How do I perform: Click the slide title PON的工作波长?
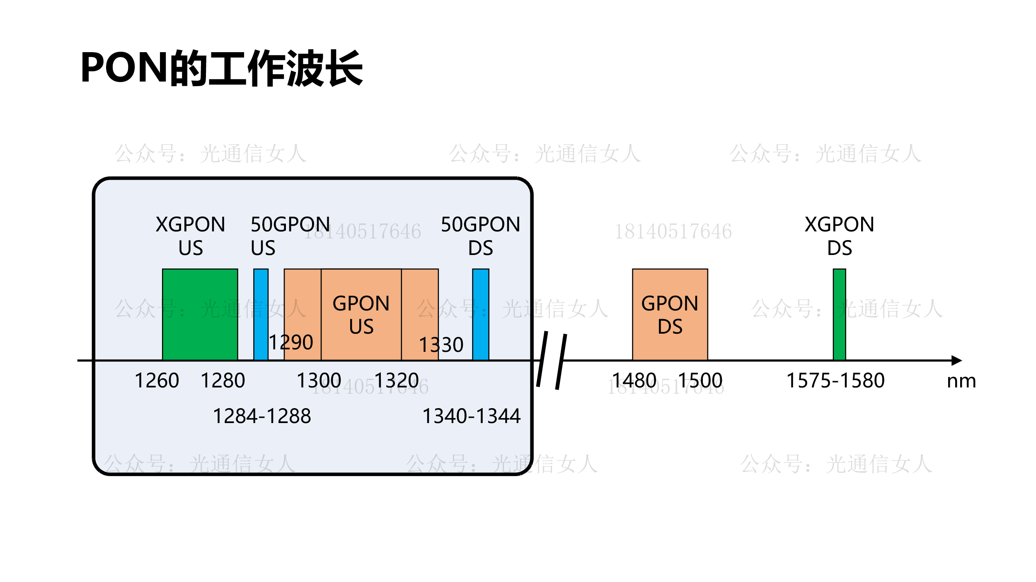[222, 68]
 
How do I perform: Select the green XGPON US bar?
[200, 314]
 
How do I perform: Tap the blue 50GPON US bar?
[261, 314]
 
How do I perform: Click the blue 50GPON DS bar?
[481, 314]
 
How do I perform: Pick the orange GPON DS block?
[670, 314]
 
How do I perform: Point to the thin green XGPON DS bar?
[839, 314]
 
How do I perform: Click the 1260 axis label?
[157, 380]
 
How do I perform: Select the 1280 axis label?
[223, 380]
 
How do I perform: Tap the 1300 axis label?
[319, 380]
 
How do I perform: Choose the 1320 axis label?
[396, 380]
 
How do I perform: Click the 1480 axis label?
[634, 380]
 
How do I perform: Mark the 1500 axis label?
[700, 380]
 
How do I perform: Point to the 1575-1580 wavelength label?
[835, 380]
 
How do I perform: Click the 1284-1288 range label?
[261, 416]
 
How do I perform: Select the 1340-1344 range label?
[471, 416]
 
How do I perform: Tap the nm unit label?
[961, 381]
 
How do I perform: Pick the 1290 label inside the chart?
[290, 342]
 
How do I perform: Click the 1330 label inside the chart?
[441, 345]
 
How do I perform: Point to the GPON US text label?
[361, 315]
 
